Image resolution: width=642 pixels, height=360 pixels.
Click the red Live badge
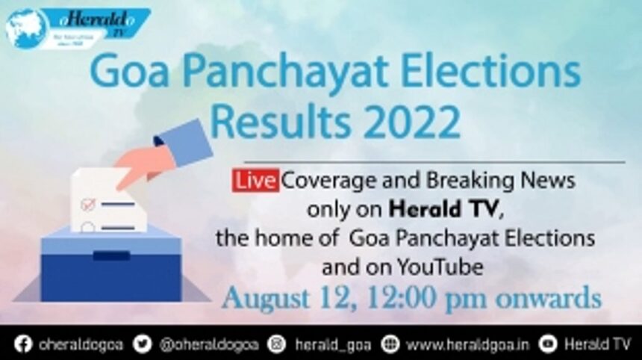(256, 181)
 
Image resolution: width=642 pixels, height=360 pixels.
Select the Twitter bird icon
(143, 344)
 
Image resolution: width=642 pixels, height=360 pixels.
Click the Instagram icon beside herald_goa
(277, 344)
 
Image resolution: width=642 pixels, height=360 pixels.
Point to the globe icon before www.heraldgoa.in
(389, 344)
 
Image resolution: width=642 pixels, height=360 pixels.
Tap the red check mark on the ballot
(88, 203)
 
